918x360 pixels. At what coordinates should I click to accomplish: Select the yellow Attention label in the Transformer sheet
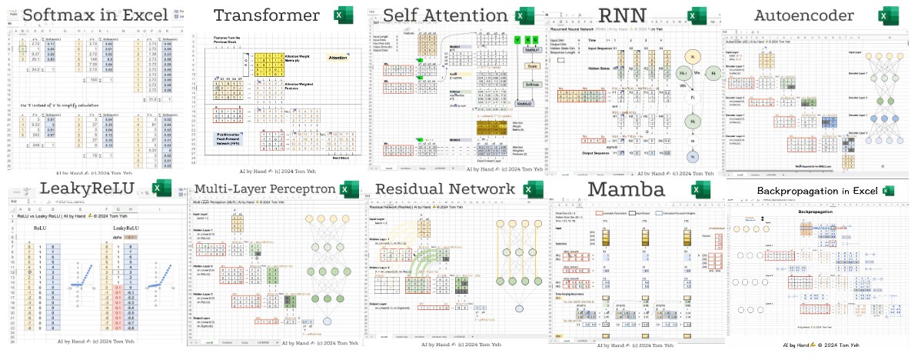338,58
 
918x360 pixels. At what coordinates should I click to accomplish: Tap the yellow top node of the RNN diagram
691,57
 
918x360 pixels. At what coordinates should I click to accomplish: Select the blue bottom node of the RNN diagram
691,156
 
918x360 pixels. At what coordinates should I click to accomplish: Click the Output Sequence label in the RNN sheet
592,153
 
